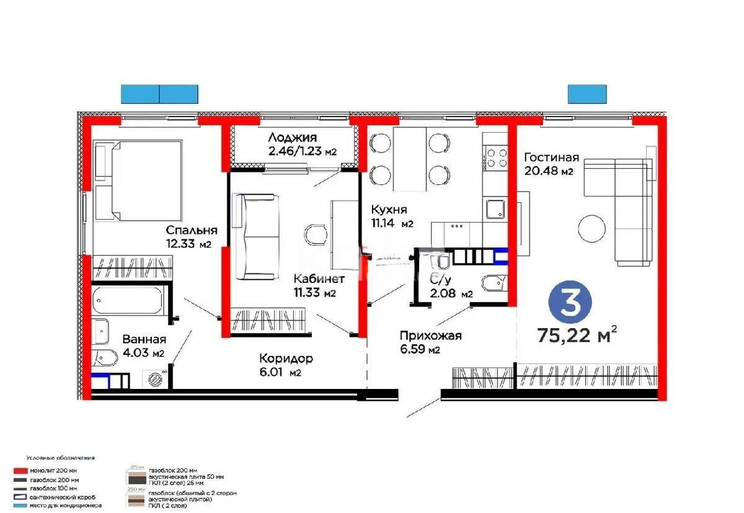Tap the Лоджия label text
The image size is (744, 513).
click(292, 138)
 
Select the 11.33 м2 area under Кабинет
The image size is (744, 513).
click(314, 293)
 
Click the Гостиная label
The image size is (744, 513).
click(551, 157)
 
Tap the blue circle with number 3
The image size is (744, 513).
click(570, 301)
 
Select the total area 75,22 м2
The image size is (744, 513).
click(577, 336)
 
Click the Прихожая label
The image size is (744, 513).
click(430, 336)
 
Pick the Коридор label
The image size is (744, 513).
click(286, 359)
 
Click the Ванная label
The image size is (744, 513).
click(144, 339)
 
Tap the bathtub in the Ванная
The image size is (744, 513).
click(128, 301)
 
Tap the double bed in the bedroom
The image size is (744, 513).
click(138, 180)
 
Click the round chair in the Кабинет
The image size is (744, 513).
click(316, 234)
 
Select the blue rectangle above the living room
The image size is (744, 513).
click(587, 94)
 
